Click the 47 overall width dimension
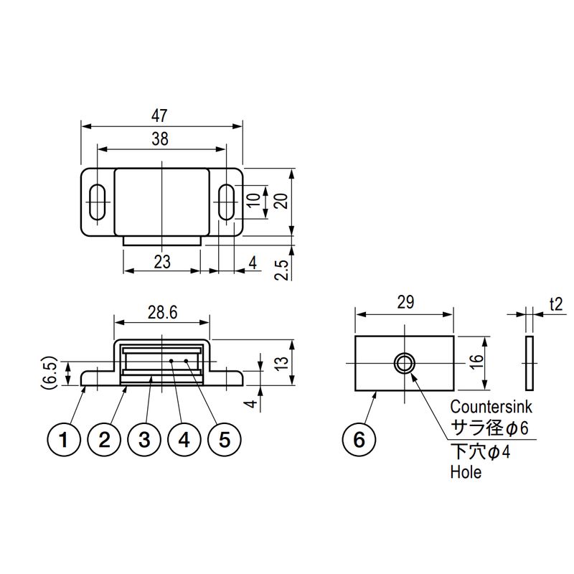[x=159, y=116]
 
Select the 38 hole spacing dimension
[x=160, y=139]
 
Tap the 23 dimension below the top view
[x=162, y=262]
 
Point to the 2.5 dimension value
[x=282, y=270]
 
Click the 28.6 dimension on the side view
[x=163, y=313]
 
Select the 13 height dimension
[x=282, y=362]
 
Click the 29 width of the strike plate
[x=405, y=302]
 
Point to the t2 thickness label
[x=555, y=304]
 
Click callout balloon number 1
[x=64, y=440]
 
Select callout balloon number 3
[x=144, y=440]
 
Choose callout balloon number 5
[x=225, y=440]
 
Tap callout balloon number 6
[x=359, y=440]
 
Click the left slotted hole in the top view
[x=98, y=202]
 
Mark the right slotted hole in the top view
[x=227, y=202]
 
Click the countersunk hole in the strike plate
[x=404, y=364]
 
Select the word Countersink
[x=491, y=407]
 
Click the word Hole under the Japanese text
[x=466, y=472]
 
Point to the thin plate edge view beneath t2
[x=530, y=363]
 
